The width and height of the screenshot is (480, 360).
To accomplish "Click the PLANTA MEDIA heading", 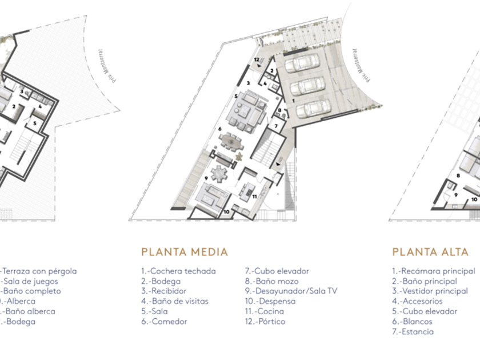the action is (184, 252).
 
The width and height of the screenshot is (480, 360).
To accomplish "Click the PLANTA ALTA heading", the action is (430, 252).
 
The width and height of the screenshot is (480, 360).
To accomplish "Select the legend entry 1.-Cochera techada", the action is (178, 271).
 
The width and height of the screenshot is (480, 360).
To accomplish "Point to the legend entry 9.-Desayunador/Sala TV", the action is (291, 291).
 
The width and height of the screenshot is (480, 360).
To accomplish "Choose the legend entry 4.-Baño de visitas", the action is (174, 301).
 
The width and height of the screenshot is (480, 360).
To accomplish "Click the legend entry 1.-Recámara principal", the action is (433, 271).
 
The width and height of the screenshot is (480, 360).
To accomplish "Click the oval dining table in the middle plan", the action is (231, 141).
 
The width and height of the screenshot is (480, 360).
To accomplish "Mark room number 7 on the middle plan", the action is (275, 126).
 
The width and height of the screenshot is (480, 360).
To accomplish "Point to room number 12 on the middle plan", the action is (257, 59).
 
